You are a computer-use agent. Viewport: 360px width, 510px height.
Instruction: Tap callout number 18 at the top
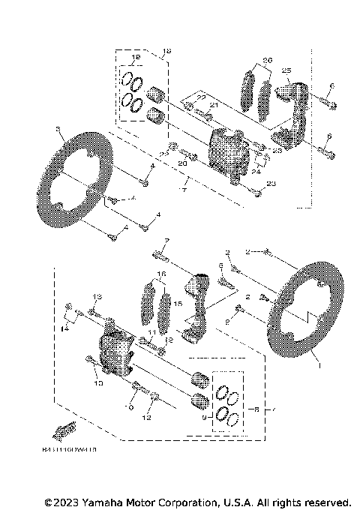pyautogui.click(x=166, y=52)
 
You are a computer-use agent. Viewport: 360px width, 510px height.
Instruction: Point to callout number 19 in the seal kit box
pyautogui.click(x=136, y=58)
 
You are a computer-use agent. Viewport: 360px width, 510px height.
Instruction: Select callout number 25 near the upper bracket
pyautogui.click(x=285, y=70)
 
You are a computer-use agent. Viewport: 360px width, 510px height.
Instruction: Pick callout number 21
pyautogui.click(x=213, y=106)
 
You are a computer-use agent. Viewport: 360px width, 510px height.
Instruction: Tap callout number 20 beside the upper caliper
pyautogui.click(x=182, y=163)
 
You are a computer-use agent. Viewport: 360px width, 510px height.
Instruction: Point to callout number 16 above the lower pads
pyautogui.click(x=160, y=274)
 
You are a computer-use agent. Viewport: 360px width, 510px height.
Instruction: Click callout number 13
pyautogui.click(x=97, y=297)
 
